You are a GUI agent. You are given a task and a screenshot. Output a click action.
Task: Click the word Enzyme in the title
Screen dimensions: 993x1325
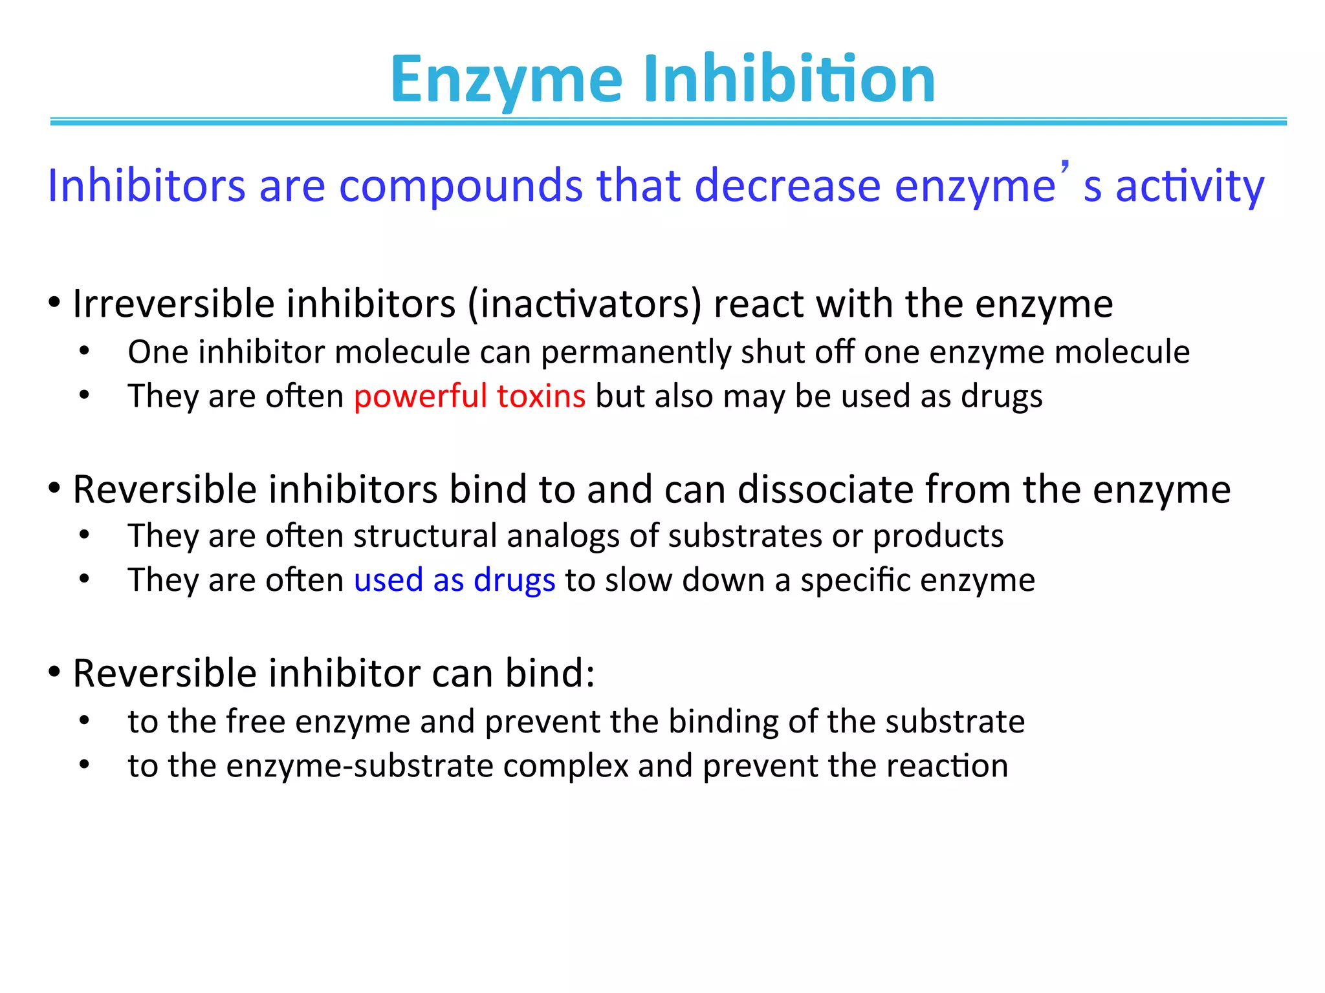point(507,80)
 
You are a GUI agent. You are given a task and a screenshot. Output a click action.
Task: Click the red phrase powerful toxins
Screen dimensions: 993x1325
point(470,396)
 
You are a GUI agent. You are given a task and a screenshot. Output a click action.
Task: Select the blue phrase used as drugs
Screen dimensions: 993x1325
point(454,580)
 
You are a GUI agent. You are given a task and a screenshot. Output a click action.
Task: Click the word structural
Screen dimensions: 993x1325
point(424,536)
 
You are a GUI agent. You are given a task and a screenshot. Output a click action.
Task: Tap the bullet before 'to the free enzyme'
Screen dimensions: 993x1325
point(84,721)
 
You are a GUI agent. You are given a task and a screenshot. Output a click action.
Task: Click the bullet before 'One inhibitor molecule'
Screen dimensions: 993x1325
point(84,352)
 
